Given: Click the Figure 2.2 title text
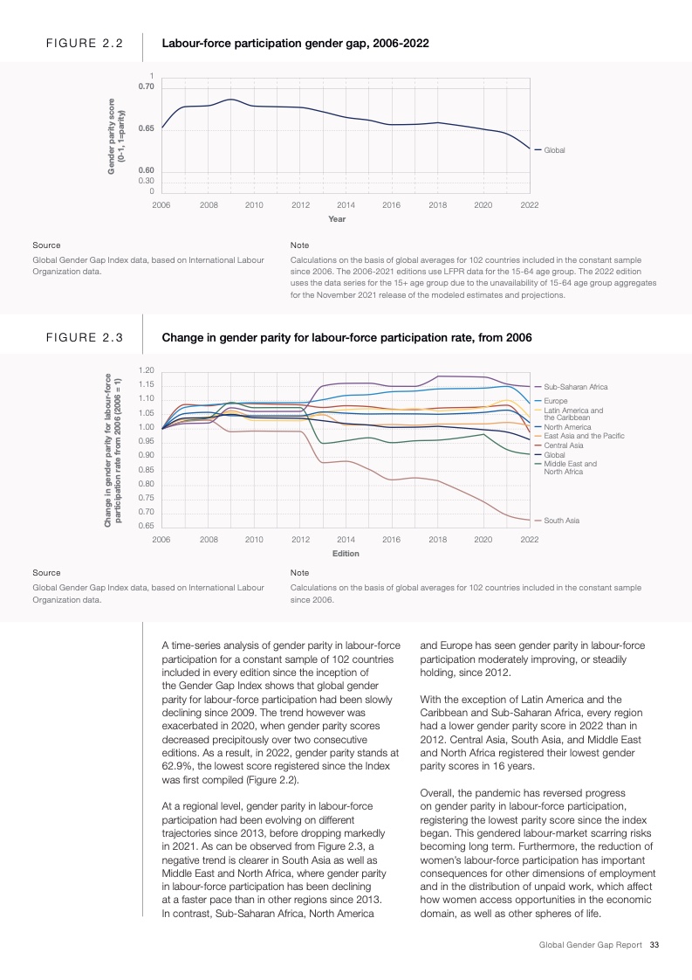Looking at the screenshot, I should point(295,42).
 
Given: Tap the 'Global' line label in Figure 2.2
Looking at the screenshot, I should point(554,150).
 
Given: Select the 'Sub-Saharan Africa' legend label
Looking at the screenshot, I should point(575,386).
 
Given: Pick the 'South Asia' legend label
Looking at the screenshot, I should point(561,521).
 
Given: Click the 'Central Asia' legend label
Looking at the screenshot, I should point(564,445).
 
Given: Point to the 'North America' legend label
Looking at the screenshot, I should point(566,427).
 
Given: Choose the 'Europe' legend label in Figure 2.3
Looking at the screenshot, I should point(555,400).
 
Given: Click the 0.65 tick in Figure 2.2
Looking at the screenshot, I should point(146,129).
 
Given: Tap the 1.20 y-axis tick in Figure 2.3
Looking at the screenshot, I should point(146,370).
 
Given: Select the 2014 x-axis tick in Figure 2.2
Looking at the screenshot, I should point(345,204).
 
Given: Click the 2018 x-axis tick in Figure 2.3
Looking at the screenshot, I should point(437,540).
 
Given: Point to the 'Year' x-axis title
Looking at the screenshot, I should point(337,218).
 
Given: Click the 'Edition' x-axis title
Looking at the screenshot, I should point(346,554).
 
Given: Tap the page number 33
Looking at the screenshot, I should point(654,944).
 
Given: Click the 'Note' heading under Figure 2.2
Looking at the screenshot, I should point(298,245).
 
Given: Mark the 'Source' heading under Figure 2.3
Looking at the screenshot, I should point(46,573).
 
